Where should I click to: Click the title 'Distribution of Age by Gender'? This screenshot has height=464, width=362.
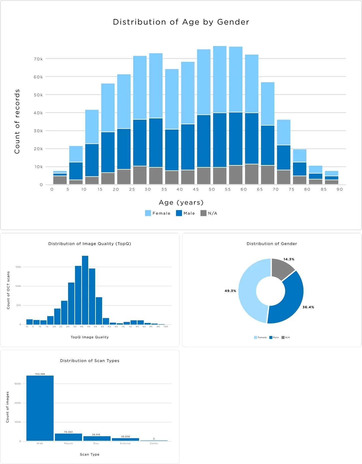click(181, 22)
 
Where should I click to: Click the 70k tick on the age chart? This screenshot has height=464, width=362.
click(38, 59)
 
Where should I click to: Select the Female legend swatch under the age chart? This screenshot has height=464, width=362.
click(148, 213)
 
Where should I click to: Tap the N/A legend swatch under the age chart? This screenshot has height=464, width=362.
click(203, 213)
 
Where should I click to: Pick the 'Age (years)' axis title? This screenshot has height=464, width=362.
click(181, 203)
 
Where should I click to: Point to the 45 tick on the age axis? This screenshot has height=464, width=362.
click(196, 189)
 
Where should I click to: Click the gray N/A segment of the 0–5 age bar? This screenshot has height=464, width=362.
click(60, 180)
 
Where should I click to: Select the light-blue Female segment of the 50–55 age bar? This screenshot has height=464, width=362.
click(220, 79)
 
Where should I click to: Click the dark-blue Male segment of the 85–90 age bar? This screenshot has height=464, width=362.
click(331, 178)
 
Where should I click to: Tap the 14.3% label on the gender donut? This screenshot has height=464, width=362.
click(289, 259)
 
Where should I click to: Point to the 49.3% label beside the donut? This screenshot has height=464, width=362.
click(230, 291)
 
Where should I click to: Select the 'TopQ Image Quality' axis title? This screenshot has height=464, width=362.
click(90, 337)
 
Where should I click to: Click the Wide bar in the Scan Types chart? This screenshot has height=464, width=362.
click(40, 408)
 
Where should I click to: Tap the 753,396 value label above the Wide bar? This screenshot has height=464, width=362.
click(40, 374)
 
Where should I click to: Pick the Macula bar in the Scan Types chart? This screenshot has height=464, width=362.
click(68, 437)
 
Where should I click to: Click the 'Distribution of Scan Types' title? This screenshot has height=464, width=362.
click(90, 361)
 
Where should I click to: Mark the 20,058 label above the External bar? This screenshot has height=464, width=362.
click(125, 437)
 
